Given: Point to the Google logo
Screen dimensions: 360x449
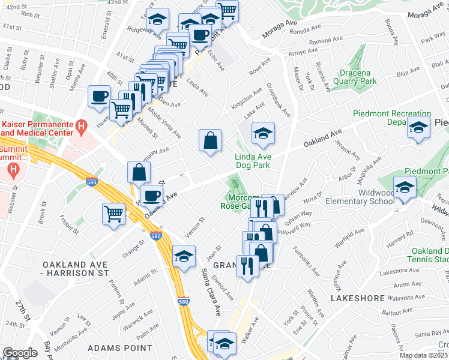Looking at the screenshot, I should (20, 353).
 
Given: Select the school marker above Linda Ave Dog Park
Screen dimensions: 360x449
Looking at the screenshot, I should (263, 134).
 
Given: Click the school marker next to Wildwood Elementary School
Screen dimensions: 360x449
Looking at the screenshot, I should (405, 187).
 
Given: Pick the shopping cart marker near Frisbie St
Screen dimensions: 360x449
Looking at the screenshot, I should (114, 214).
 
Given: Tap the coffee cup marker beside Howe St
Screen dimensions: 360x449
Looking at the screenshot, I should (100, 96).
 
